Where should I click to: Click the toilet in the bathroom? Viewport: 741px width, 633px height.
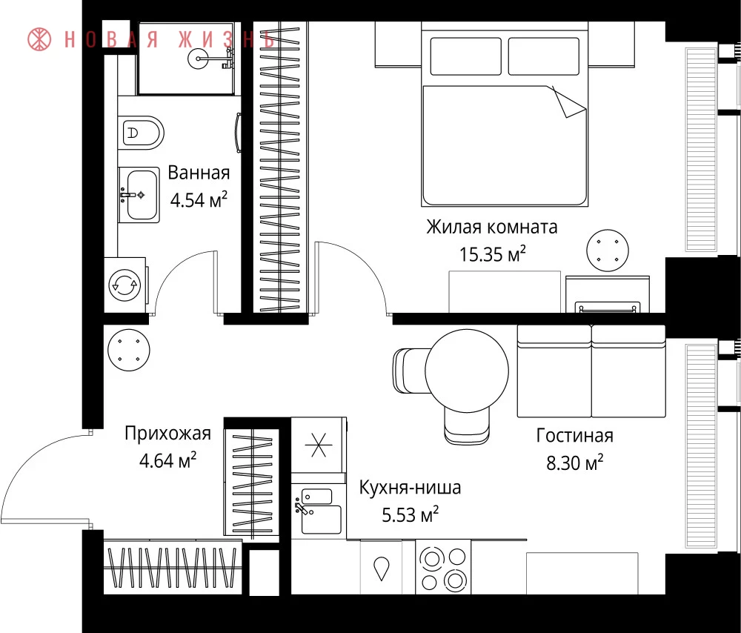click(141, 133)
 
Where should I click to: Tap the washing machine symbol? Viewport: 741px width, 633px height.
click(124, 285)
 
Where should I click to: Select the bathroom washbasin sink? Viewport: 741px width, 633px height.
click(139, 194)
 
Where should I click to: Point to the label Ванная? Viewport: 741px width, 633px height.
click(199, 173)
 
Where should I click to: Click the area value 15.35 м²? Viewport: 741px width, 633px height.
click(493, 254)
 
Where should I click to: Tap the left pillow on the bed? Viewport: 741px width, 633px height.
click(465, 56)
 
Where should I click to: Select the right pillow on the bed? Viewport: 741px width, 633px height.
click(543, 56)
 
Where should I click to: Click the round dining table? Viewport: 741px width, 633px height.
click(467, 371)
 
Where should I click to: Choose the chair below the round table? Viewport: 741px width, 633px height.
click(467, 425)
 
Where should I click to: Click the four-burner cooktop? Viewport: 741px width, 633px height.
click(443, 567)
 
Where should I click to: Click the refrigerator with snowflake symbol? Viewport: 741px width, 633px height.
click(319, 445)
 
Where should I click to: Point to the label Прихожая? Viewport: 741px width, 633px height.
click(167, 434)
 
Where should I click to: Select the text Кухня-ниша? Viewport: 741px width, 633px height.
click(411, 487)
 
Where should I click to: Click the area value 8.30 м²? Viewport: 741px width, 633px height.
click(575, 463)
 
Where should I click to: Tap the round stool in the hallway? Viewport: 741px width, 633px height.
click(128, 351)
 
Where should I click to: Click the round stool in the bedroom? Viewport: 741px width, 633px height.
click(608, 251)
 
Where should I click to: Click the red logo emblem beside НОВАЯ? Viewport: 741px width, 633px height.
click(39, 39)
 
